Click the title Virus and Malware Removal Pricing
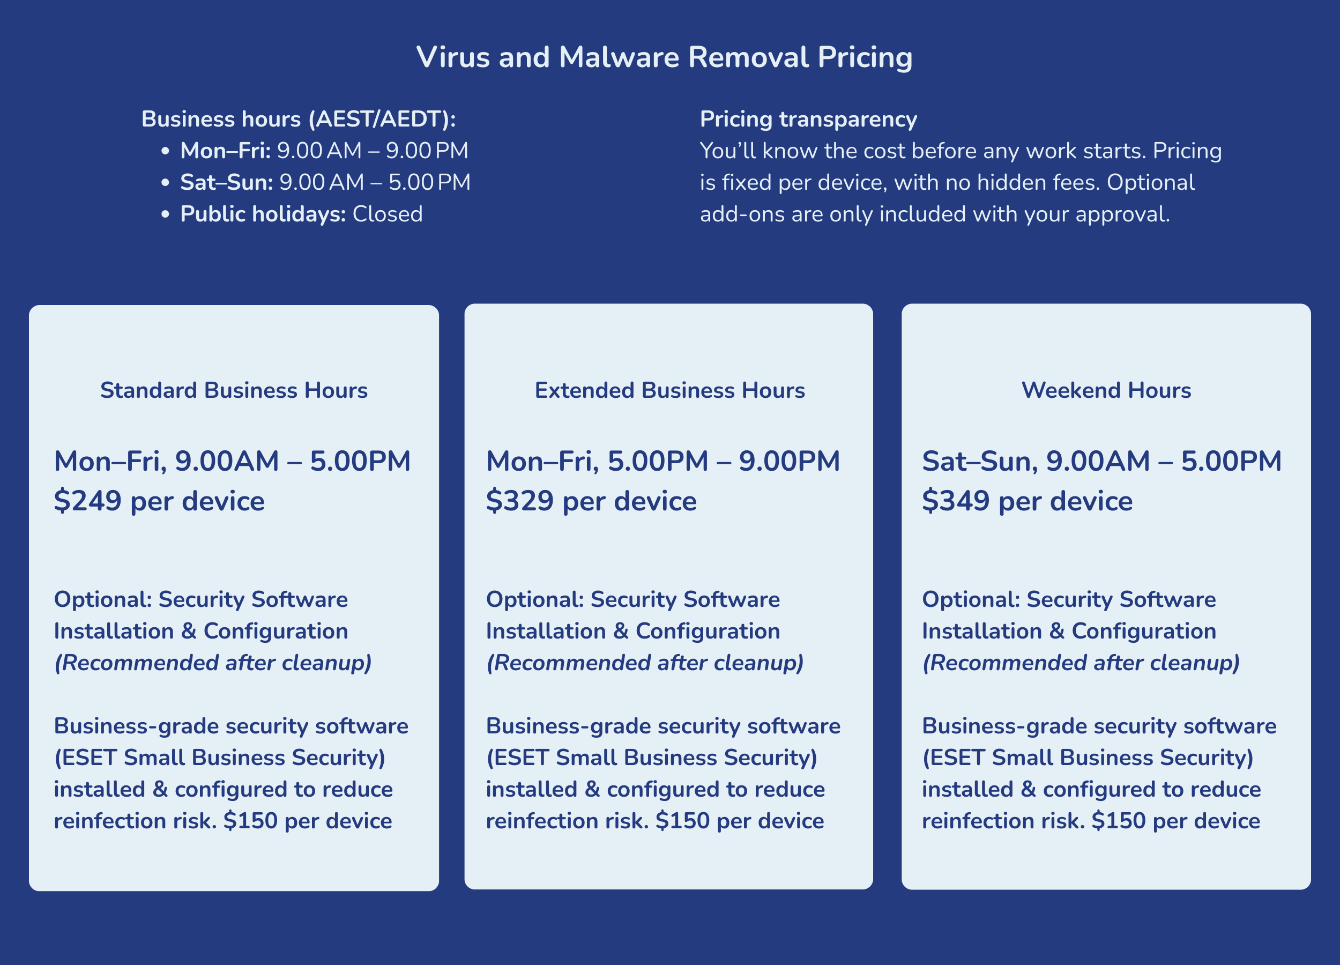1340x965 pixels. click(664, 57)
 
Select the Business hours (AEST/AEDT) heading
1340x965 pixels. click(299, 120)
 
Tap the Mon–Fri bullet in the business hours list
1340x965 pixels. click(324, 151)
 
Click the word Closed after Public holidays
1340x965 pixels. click(388, 214)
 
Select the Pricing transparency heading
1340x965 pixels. click(808, 120)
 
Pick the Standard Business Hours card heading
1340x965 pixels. click(234, 391)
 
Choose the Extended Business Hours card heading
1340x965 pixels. click(669, 391)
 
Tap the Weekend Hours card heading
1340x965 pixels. click(1106, 391)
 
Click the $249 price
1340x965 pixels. click(87, 501)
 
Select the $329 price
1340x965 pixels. click(520, 501)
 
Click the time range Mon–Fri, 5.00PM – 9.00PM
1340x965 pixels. click(662, 462)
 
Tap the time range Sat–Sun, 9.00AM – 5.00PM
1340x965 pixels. click(1101, 462)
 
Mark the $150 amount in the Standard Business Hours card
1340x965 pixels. click(250, 821)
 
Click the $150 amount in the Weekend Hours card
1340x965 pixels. click(1119, 821)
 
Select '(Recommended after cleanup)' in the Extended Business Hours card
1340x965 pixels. click(645, 663)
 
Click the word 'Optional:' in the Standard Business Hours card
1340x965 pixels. click(103, 600)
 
